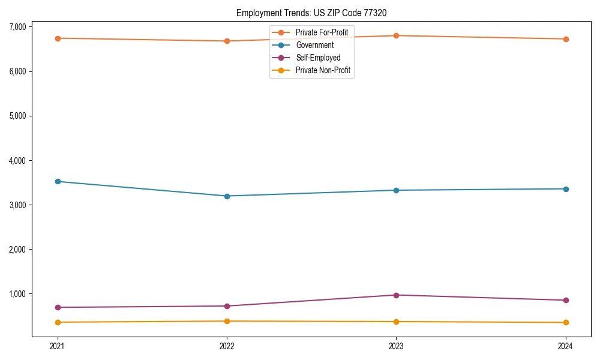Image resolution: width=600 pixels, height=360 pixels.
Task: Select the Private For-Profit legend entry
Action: click(322, 32)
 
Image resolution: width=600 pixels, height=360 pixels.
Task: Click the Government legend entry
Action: click(314, 45)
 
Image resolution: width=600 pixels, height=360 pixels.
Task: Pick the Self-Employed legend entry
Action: click(318, 58)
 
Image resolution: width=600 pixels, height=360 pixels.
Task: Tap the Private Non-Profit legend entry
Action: click(323, 71)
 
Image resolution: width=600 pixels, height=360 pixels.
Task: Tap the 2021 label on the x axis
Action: click(58, 346)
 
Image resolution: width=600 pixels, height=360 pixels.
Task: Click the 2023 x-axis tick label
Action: click(396, 346)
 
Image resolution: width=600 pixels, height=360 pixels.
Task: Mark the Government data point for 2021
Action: click(58, 181)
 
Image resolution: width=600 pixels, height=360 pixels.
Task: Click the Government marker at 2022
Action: click(227, 196)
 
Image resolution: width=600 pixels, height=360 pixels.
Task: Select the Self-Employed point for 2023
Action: click(396, 295)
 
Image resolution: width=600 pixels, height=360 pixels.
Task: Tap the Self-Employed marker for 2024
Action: click(566, 300)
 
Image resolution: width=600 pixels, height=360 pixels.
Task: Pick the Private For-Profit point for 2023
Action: click(396, 35)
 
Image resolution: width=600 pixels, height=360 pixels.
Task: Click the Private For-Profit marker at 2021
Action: click(58, 38)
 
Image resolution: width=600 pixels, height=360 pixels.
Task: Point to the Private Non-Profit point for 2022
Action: click(227, 321)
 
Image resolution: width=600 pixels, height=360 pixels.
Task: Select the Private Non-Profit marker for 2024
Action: click(566, 323)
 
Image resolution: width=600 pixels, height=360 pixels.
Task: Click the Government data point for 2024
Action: click(566, 189)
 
